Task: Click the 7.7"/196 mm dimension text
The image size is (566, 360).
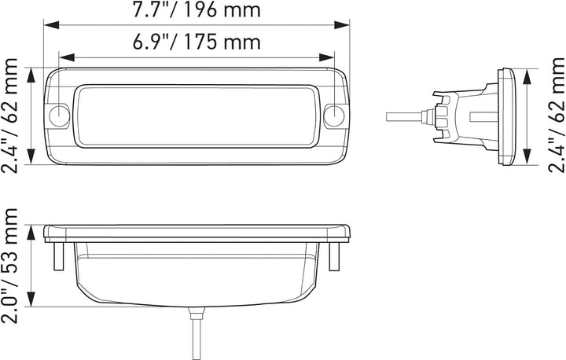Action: coord(197,11)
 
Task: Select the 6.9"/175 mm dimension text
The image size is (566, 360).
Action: coord(197,42)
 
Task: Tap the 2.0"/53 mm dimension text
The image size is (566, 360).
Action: coord(11,264)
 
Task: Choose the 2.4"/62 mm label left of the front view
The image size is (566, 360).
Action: coord(11,116)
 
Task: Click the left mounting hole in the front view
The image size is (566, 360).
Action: coord(60,116)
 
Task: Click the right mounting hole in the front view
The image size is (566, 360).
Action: coord(335,116)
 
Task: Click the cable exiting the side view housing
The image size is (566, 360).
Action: coord(405,116)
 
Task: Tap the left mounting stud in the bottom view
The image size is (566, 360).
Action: coord(57,255)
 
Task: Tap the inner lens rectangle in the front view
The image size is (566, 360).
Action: coord(197,116)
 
